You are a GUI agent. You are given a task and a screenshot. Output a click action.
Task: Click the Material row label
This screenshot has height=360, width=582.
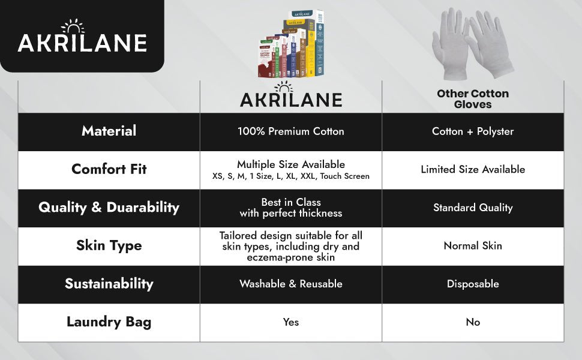coord(109,131)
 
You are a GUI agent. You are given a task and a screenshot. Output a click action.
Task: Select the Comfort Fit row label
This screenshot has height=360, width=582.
coord(109,169)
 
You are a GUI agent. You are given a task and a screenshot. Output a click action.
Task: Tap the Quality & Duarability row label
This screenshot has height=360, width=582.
coord(109,208)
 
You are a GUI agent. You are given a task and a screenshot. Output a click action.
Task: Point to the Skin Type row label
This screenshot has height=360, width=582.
coord(109,245)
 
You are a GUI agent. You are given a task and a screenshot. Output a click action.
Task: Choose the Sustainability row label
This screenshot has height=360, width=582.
coord(109,284)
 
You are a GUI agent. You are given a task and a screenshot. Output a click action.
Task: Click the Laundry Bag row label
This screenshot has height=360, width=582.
coord(109,322)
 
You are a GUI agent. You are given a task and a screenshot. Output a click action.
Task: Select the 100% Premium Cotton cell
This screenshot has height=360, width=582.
coord(291,131)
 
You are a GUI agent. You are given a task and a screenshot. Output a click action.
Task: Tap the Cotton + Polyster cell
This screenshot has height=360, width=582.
coord(473,131)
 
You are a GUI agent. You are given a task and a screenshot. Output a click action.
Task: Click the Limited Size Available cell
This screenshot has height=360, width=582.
coord(473,169)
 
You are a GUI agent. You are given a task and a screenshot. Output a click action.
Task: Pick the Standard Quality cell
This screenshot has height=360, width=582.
coord(473,208)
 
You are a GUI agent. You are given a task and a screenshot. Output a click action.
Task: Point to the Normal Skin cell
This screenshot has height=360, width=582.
coord(473,245)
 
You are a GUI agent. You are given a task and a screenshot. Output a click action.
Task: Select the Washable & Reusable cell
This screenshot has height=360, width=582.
coord(291,284)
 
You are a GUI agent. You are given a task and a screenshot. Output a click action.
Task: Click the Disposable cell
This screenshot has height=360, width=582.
coord(473,284)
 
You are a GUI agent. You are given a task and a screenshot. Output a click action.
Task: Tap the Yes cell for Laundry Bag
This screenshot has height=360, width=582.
coord(291,322)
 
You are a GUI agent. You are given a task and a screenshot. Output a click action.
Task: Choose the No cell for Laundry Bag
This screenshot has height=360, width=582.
coord(473,322)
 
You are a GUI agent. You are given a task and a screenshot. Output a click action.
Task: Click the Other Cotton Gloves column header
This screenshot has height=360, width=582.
coord(473,99)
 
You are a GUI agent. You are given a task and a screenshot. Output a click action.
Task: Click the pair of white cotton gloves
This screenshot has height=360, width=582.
coord(473,45)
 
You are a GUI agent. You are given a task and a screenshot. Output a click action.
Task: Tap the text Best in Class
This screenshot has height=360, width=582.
coord(291,202)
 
